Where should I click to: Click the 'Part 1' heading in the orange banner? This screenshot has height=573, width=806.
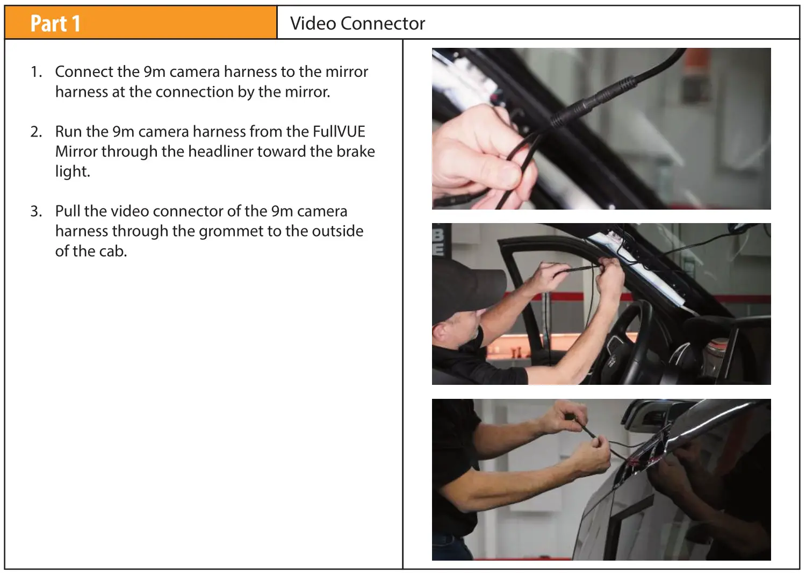click(55, 24)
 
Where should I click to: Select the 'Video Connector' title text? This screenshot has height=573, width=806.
click(357, 24)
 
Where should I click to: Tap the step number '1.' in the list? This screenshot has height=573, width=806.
click(36, 72)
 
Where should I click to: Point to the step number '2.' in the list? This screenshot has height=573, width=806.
click(36, 132)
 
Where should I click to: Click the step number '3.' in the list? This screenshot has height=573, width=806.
click(36, 211)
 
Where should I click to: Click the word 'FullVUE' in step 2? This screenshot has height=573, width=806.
click(339, 132)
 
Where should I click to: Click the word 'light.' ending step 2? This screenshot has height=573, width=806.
click(73, 171)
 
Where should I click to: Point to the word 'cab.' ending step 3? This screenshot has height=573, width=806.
click(113, 251)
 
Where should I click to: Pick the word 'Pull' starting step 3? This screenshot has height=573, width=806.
click(68, 211)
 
